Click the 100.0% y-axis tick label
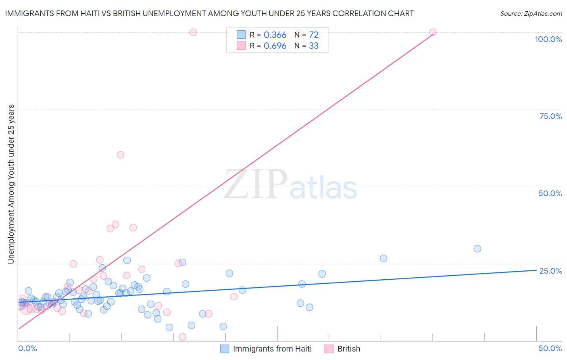click(548, 39)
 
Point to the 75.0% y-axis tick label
click(550, 116)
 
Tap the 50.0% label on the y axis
click(550, 193)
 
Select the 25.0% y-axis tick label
click(550, 271)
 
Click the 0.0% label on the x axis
click(27, 348)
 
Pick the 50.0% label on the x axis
click(550, 348)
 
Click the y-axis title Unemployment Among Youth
click(11, 184)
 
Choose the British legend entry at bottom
click(348, 349)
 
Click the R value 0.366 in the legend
click(275, 35)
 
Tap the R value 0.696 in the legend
click(275, 46)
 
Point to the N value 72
click(313, 35)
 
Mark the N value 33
click(313, 46)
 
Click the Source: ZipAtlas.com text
click(531, 14)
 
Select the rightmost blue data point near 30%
click(477, 249)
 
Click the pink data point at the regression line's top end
click(433, 32)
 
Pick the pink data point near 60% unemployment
click(120, 155)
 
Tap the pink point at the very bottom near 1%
click(182, 337)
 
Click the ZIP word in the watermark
click(255, 185)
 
